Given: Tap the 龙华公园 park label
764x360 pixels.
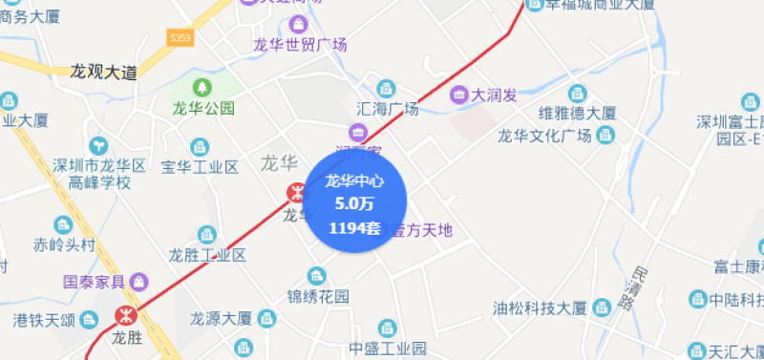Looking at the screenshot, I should click(202, 108).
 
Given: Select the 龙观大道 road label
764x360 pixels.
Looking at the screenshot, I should click(104, 72).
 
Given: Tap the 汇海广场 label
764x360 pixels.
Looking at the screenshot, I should click(386, 109).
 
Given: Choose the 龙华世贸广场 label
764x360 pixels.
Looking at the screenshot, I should click(299, 44).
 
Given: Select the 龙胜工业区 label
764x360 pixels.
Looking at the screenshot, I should click(207, 255).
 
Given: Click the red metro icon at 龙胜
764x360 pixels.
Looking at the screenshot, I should click(125, 315).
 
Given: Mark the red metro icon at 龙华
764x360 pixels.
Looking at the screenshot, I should click(298, 192).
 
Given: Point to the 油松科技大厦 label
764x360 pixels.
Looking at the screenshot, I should click(539, 308).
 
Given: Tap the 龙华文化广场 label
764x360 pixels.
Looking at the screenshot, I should click(545, 135).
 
